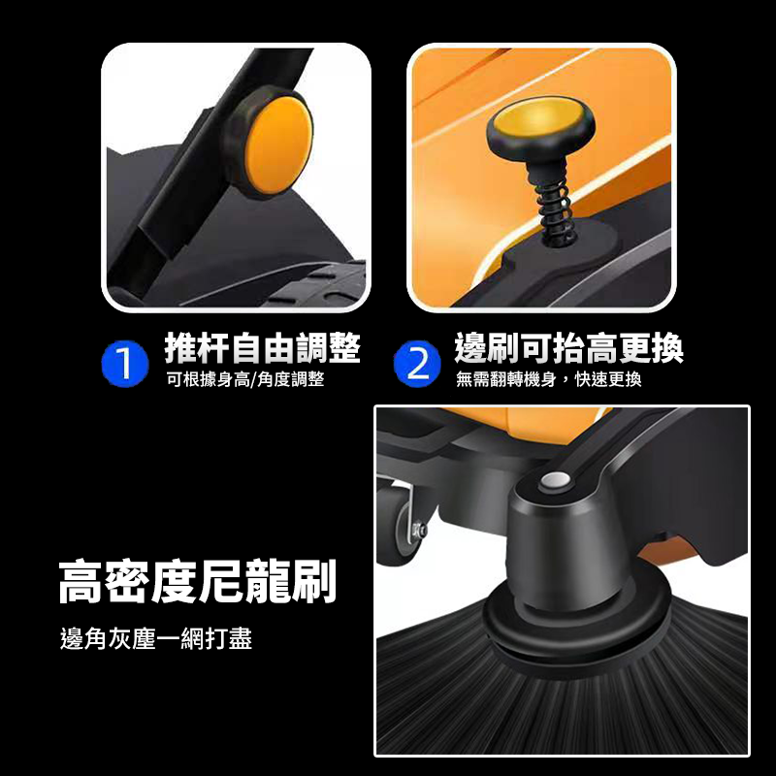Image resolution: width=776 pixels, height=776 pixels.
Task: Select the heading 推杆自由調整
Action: pos(263,347)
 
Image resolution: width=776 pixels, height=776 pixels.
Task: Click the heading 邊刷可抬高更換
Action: pos(569,347)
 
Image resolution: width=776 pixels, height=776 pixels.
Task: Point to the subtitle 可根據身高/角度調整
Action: pos(244,379)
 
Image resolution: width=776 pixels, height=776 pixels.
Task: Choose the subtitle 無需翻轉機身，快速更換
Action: pos(549,379)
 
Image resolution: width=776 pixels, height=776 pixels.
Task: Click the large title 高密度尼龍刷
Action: pos(197,581)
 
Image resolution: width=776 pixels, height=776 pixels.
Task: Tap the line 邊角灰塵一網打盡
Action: pos(156,640)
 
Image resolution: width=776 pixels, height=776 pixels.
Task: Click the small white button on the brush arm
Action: pos(556,480)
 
